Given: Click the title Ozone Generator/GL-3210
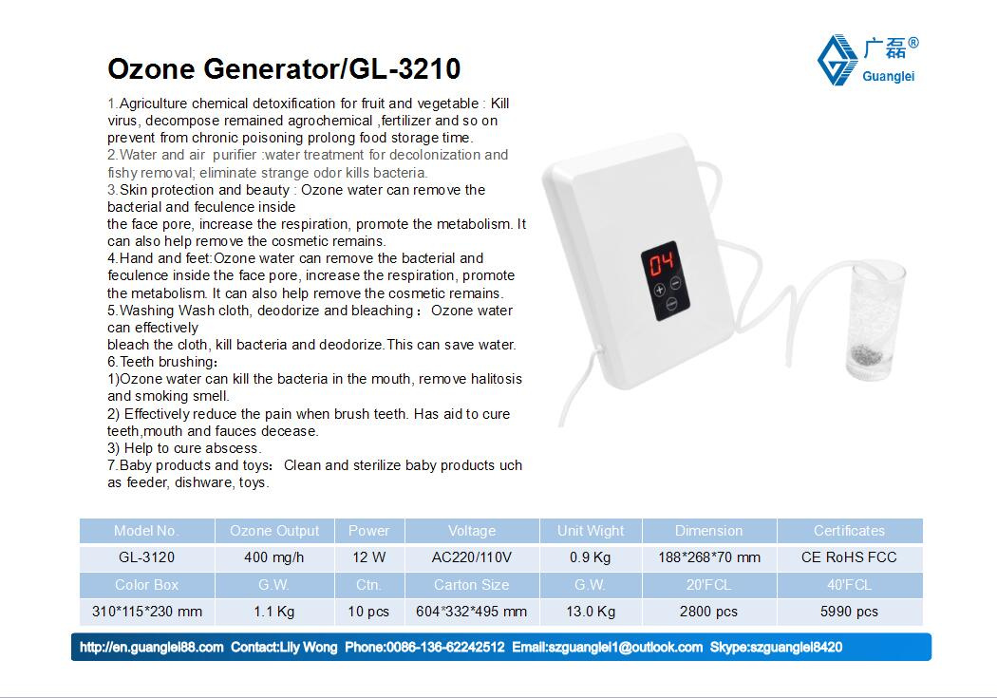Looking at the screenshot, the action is click(284, 68).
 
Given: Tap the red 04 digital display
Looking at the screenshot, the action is click(661, 262).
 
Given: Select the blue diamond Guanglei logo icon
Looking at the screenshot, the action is click(837, 60).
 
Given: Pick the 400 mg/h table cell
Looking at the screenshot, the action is click(274, 557).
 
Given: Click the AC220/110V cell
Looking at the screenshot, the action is click(472, 557).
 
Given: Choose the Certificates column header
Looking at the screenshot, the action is click(849, 531).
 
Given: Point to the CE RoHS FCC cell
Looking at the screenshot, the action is click(849, 557).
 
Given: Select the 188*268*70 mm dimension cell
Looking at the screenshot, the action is click(709, 557).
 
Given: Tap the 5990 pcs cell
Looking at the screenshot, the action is click(849, 612).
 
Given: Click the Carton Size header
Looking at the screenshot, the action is click(472, 585).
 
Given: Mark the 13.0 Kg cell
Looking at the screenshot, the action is click(591, 612).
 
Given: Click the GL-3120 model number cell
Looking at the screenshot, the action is click(147, 557).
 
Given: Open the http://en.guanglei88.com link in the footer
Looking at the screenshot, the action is click(151, 647).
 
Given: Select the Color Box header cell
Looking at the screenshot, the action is click(147, 585).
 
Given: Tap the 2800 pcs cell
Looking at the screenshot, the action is click(709, 612).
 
